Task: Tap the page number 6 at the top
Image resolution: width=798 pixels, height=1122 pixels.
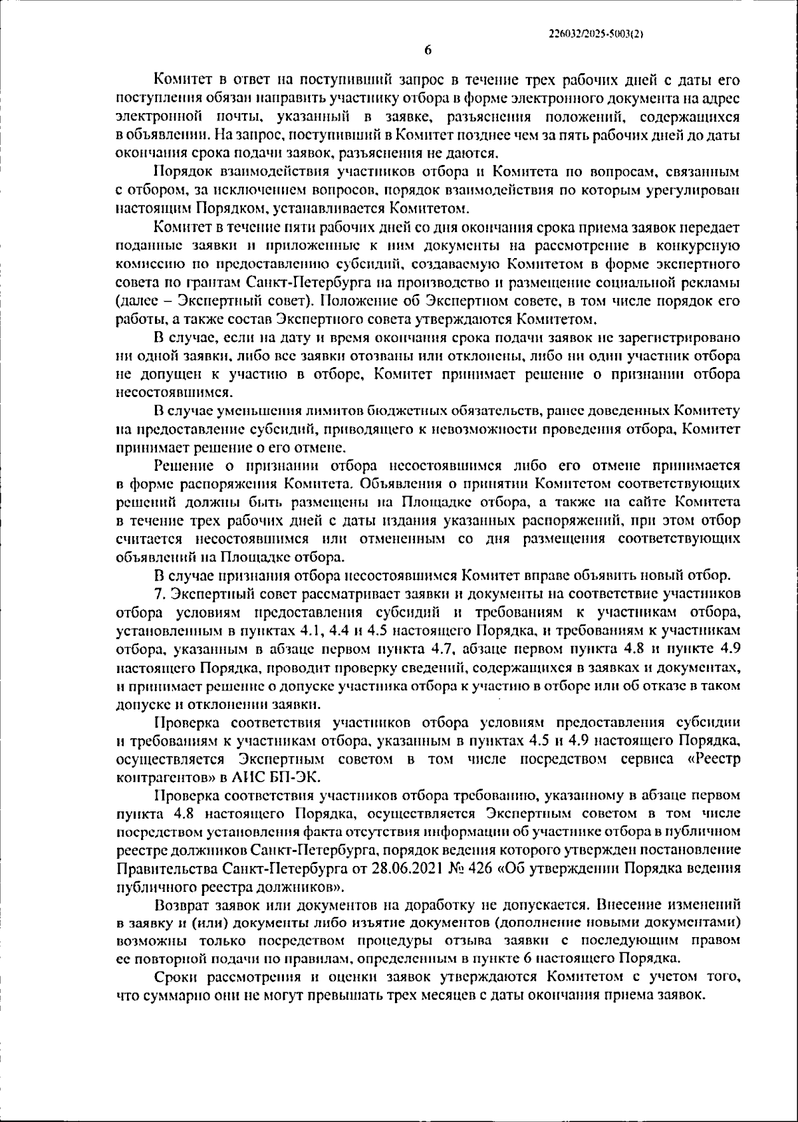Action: [428, 51]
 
